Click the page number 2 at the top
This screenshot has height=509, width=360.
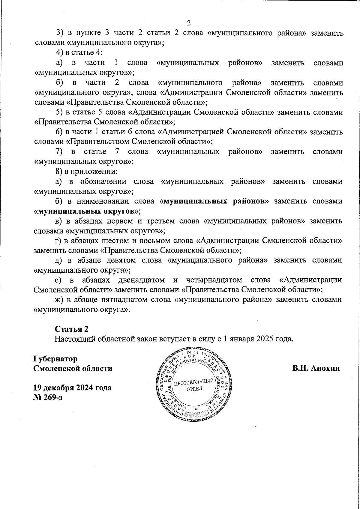click(x=189, y=23)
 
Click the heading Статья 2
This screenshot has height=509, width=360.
click(x=71, y=329)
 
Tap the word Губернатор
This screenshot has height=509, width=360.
click(x=55, y=359)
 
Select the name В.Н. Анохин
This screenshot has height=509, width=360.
click(x=316, y=368)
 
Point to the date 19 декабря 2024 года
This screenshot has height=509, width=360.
click(x=72, y=388)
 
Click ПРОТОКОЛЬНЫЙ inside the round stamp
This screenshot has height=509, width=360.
click(x=194, y=382)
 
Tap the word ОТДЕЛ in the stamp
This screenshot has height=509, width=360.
click(x=194, y=389)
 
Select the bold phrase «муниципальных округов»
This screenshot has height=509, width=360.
click(x=87, y=211)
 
